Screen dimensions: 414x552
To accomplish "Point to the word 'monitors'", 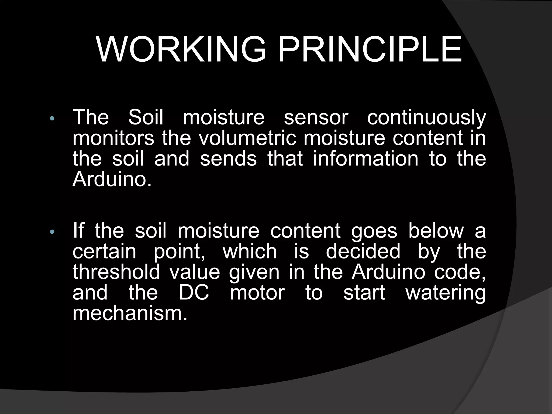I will coord(113,138).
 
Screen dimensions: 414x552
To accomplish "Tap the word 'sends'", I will coord(228,159).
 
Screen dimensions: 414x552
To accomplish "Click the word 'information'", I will coord(365,159).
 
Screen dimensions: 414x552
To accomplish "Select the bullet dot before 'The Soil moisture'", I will coord(52,119).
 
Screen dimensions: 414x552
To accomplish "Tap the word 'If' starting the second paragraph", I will coord(78,231).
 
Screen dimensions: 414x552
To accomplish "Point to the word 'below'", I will coord(436,231).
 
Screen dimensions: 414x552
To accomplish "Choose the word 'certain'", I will coord(105,251).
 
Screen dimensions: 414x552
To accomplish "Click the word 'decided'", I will coord(363,251).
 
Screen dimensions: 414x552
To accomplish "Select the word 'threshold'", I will coord(116,272).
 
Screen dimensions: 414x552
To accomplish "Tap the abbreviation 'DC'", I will coord(194,293).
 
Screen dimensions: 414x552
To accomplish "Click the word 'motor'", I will coord(257,293).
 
